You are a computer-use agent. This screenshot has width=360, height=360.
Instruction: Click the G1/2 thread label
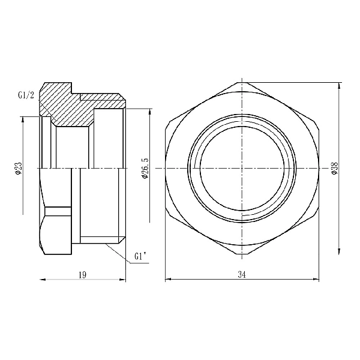26,95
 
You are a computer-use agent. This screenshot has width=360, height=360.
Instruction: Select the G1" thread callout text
140,257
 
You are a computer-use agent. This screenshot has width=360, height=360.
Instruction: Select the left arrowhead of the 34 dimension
167,280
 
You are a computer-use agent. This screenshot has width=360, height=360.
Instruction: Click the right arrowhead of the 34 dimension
316,280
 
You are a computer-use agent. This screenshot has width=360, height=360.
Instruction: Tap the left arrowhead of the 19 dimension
43,280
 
